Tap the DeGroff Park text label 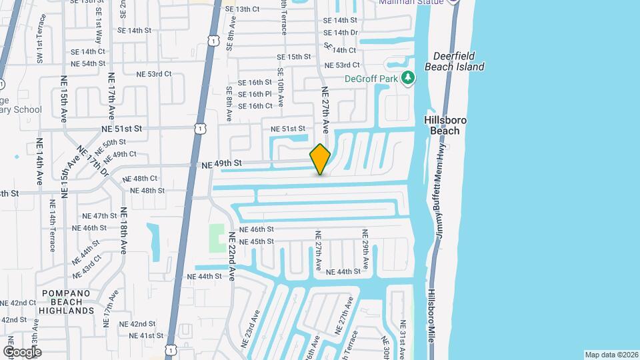[x=371, y=79]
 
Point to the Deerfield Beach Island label [x=458, y=61]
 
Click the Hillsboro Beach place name [x=445, y=125]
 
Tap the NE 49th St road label [x=221, y=163]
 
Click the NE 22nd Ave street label [x=232, y=256]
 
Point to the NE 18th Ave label [x=123, y=231]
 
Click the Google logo [x=22, y=351]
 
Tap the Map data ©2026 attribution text [x=611, y=355]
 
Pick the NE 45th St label [x=256, y=241]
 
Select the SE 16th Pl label [x=255, y=94]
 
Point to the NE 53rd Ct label [x=153, y=74]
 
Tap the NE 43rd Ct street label [x=88, y=267]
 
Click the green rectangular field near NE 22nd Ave [x=217, y=238]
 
